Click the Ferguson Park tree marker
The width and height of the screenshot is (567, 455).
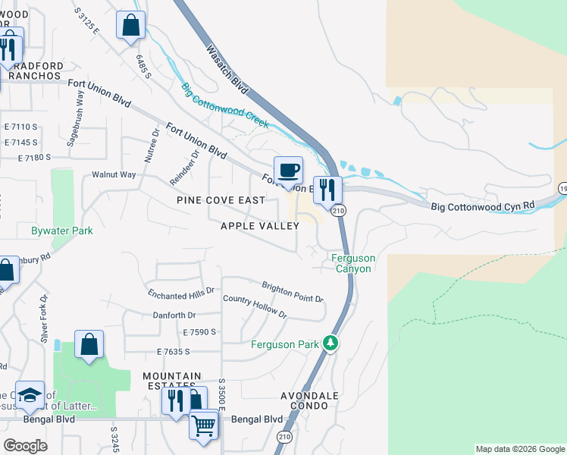pos(330,344)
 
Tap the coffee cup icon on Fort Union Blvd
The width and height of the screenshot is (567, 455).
pos(288,171)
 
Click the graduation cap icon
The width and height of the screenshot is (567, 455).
pos(30,395)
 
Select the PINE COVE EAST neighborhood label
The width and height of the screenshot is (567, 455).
pos(221,200)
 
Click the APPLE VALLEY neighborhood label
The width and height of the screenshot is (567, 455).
pos(259,226)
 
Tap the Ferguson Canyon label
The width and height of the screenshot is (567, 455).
pos(352,264)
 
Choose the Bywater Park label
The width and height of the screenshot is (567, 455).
pos(62,231)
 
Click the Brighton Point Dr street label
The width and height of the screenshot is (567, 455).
pos(293,292)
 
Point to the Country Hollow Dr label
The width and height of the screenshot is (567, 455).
pos(255,306)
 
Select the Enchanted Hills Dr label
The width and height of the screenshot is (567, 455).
pos(182,292)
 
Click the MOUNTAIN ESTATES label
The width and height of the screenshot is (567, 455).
pos(172,381)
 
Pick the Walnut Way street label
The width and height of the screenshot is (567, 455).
pos(114,174)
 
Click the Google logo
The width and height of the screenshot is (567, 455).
pos(25,446)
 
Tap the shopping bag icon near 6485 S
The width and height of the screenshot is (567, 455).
pos(131,25)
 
